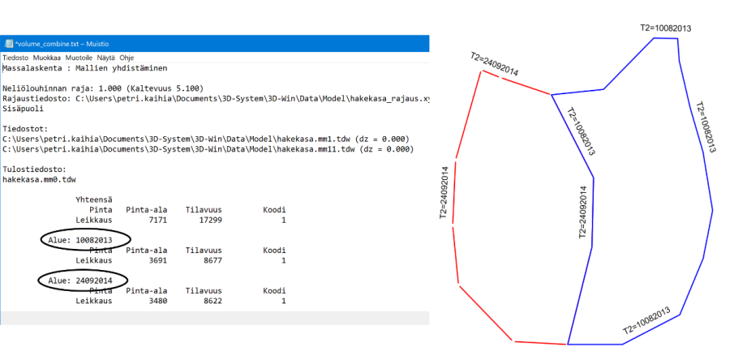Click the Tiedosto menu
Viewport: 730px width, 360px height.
point(15,58)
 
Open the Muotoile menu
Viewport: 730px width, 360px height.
point(79,58)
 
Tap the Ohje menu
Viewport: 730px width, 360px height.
point(127,58)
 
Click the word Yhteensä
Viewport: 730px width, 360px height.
point(93,199)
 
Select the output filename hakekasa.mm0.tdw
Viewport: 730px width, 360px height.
point(39,179)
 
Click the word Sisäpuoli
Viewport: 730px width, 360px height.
point(21,108)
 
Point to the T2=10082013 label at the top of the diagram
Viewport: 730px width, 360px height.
point(665,28)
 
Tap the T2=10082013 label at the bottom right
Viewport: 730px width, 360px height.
point(646,321)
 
